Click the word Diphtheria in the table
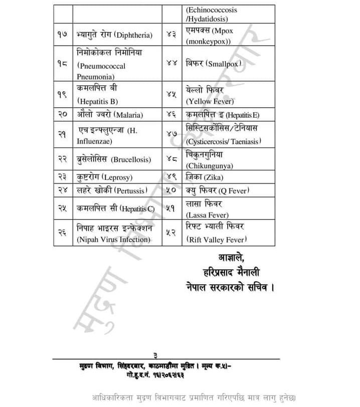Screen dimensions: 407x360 (134, 35)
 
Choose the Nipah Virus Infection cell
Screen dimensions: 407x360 (113, 240)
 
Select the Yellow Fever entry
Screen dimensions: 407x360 (208, 101)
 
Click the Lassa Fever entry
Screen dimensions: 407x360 (207, 215)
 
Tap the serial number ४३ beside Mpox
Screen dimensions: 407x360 (171, 35)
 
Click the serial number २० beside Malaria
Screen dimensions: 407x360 (63, 115)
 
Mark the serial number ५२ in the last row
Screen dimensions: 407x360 (171, 233)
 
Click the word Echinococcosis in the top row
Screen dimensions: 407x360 (212, 10)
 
